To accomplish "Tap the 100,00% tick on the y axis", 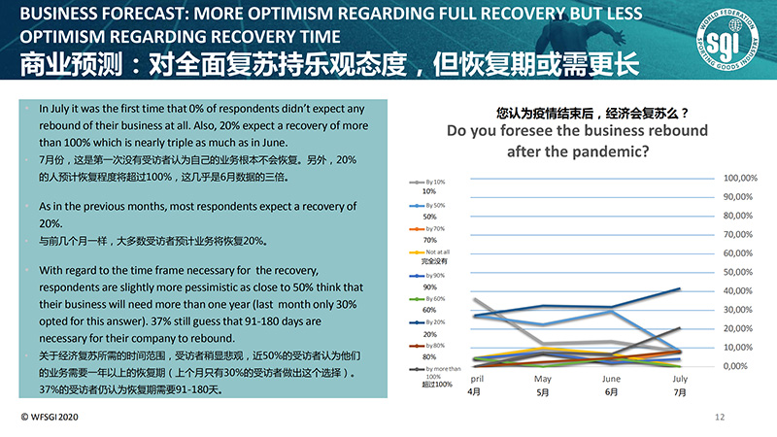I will click(x=740, y=179).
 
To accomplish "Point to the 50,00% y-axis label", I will click(x=740, y=272).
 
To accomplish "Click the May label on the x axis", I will click(x=543, y=378).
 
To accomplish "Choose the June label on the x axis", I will click(x=612, y=378).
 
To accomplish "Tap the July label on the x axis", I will click(x=680, y=378).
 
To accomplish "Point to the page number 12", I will click(x=720, y=418).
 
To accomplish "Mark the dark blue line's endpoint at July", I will click(x=679, y=288).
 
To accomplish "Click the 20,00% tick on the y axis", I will click(x=740, y=328).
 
